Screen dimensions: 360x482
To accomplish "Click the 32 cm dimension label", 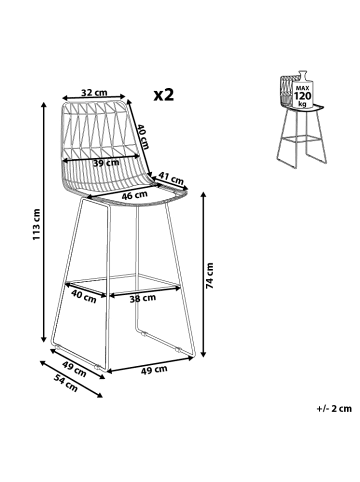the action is pyautogui.click(x=94, y=92).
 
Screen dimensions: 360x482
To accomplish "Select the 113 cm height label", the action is pyautogui.click(x=36, y=224).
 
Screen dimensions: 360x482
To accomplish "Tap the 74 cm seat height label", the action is pyautogui.click(x=209, y=275).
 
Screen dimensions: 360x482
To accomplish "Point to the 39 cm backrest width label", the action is pyautogui.click(x=106, y=163).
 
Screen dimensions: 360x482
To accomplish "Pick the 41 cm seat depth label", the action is pyautogui.click(x=171, y=178).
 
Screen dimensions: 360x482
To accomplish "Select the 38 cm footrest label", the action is pyautogui.click(x=143, y=298).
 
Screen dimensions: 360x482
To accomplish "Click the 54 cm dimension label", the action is pyautogui.click(x=66, y=384).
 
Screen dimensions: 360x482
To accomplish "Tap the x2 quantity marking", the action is pyautogui.click(x=164, y=95).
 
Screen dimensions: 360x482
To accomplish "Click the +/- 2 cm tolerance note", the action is pyautogui.click(x=334, y=408).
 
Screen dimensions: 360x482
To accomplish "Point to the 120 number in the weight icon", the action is pyautogui.click(x=302, y=96).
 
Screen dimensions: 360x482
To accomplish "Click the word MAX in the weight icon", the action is pyautogui.click(x=302, y=88).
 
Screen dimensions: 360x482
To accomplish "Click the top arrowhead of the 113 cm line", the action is pyautogui.click(x=43, y=104).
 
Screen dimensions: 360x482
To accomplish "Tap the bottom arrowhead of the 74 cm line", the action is pyautogui.click(x=204, y=354).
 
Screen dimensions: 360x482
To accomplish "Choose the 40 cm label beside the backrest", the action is pyautogui.click(x=144, y=136).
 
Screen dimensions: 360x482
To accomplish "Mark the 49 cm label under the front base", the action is pyautogui.click(x=154, y=369).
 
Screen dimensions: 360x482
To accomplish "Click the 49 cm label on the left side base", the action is pyautogui.click(x=74, y=370).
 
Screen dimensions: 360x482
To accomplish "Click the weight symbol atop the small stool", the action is pyautogui.click(x=302, y=89).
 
